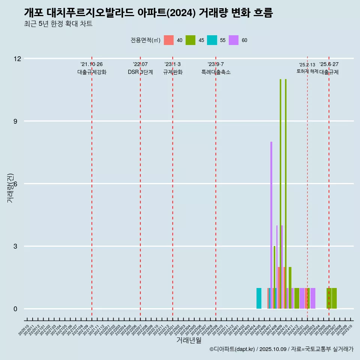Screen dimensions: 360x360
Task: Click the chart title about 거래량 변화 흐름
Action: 148,13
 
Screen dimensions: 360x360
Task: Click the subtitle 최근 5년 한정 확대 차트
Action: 58,24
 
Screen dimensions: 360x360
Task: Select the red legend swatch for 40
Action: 169,40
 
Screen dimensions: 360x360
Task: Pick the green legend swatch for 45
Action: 190,40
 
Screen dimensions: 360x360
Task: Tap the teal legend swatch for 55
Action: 212,40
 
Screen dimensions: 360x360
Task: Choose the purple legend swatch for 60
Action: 234,40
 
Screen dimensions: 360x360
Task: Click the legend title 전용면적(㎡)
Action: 145,40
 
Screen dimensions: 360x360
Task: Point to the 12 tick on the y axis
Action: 17,58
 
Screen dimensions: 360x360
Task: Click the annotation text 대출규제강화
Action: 92,72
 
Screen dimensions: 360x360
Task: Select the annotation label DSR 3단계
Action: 140,72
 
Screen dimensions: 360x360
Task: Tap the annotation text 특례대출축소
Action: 216,72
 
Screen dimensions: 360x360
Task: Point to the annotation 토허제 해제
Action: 307,71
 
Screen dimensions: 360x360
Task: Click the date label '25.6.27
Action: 329,64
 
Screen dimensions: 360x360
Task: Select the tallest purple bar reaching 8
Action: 271,225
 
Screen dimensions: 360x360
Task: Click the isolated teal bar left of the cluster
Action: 259,298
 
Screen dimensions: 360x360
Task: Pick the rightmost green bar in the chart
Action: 334,298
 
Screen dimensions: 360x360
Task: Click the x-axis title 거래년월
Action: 189,340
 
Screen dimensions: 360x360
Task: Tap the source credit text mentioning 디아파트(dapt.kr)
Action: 281,349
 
